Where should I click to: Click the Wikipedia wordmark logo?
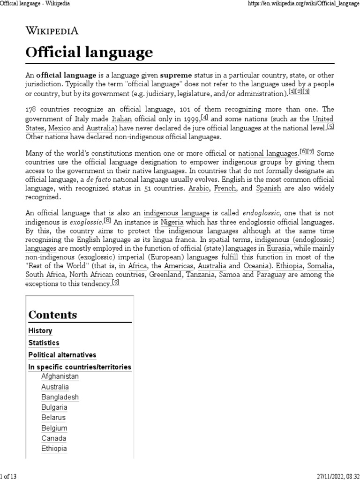click(52, 31)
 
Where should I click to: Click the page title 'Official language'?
click(89, 52)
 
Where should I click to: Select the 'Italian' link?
click(121, 119)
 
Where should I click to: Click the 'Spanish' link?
click(268, 188)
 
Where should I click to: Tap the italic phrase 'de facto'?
click(98, 180)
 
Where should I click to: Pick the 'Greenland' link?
click(165, 275)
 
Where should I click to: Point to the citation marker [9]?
click(115, 283)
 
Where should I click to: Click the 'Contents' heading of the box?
click(53, 315)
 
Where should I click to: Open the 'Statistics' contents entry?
click(44, 343)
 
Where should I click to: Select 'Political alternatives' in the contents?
click(62, 355)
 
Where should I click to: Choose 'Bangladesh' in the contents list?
click(60, 397)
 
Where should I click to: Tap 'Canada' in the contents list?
click(53, 438)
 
